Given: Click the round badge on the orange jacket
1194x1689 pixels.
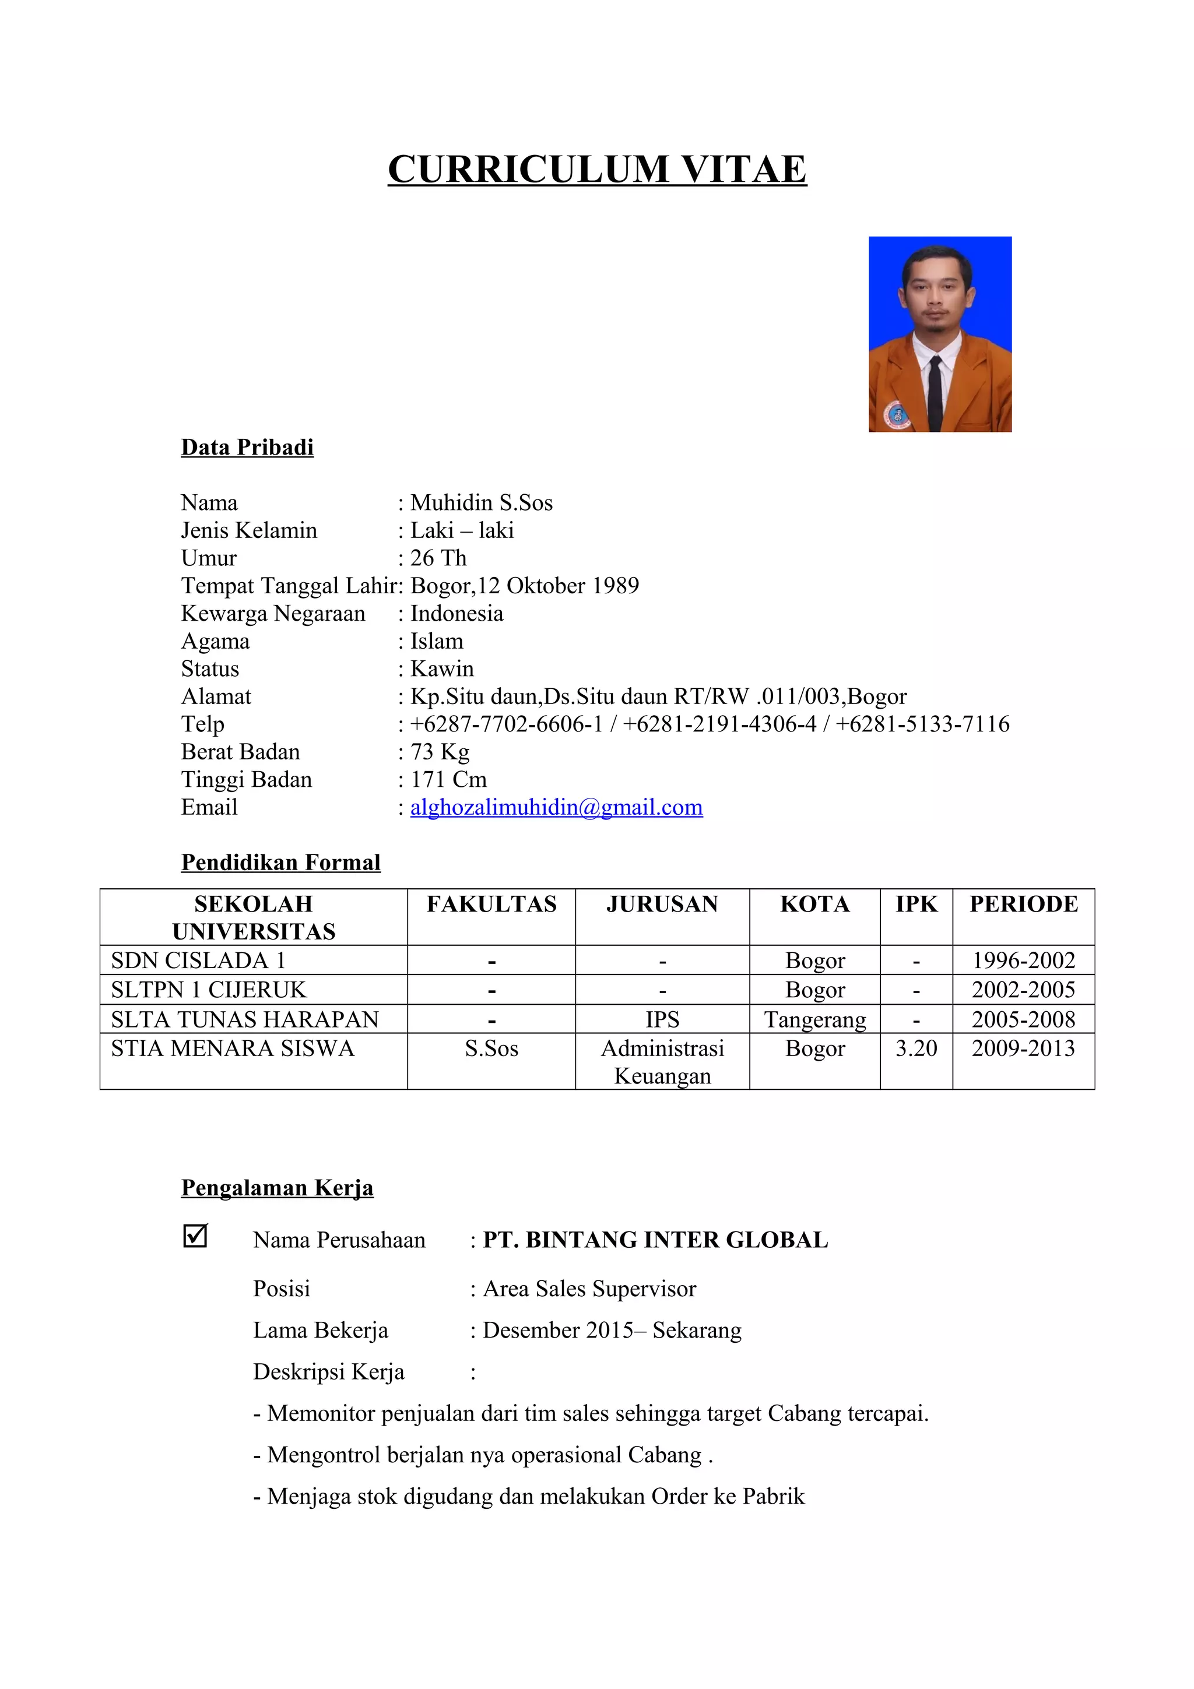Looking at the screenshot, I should point(897,414).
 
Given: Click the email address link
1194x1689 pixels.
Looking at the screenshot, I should point(556,808).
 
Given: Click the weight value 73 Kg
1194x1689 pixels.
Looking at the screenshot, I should point(440,752).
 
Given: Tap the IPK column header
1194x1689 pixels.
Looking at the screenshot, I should point(916,904).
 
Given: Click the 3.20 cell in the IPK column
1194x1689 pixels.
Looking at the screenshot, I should point(916,1048).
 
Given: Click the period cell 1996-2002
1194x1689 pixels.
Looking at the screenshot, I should point(1023,960).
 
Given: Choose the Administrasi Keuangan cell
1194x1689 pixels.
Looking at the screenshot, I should point(662,1062).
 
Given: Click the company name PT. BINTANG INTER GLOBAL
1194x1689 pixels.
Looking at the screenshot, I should point(655,1240).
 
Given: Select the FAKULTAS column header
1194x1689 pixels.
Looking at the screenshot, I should point(491,904).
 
